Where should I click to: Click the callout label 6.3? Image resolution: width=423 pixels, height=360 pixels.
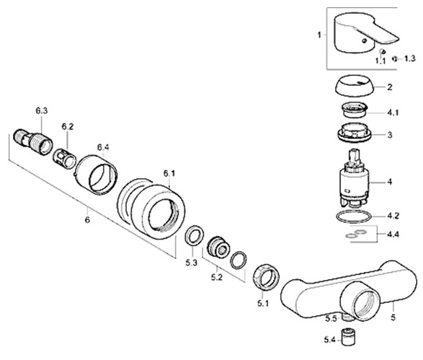point(42,110)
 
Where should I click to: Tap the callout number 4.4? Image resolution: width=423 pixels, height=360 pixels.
point(393,234)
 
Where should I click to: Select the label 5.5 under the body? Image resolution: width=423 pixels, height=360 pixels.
point(331,319)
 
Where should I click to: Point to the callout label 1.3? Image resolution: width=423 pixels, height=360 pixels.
point(410,58)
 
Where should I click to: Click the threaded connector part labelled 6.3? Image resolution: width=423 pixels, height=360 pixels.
point(33,142)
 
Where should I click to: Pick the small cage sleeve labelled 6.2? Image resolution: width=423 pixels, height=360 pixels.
point(64,159)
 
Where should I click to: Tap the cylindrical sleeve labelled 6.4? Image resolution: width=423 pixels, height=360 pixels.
point(96,175)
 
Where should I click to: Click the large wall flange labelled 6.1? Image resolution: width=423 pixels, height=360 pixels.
point(151,208)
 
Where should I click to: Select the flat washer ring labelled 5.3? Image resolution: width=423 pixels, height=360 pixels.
point(194,235)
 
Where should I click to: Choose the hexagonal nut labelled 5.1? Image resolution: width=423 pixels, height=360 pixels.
point(266,277)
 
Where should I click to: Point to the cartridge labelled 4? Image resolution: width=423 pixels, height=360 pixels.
point(354,181)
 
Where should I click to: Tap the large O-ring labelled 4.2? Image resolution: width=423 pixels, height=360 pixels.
point(354,216)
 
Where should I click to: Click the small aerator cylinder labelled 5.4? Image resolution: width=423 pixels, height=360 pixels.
point(348,337)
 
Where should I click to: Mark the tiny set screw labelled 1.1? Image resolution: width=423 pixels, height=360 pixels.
point(382,51)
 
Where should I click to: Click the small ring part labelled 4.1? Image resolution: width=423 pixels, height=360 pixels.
point(355,110)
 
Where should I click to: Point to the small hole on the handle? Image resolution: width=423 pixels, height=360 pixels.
point(365,41)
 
